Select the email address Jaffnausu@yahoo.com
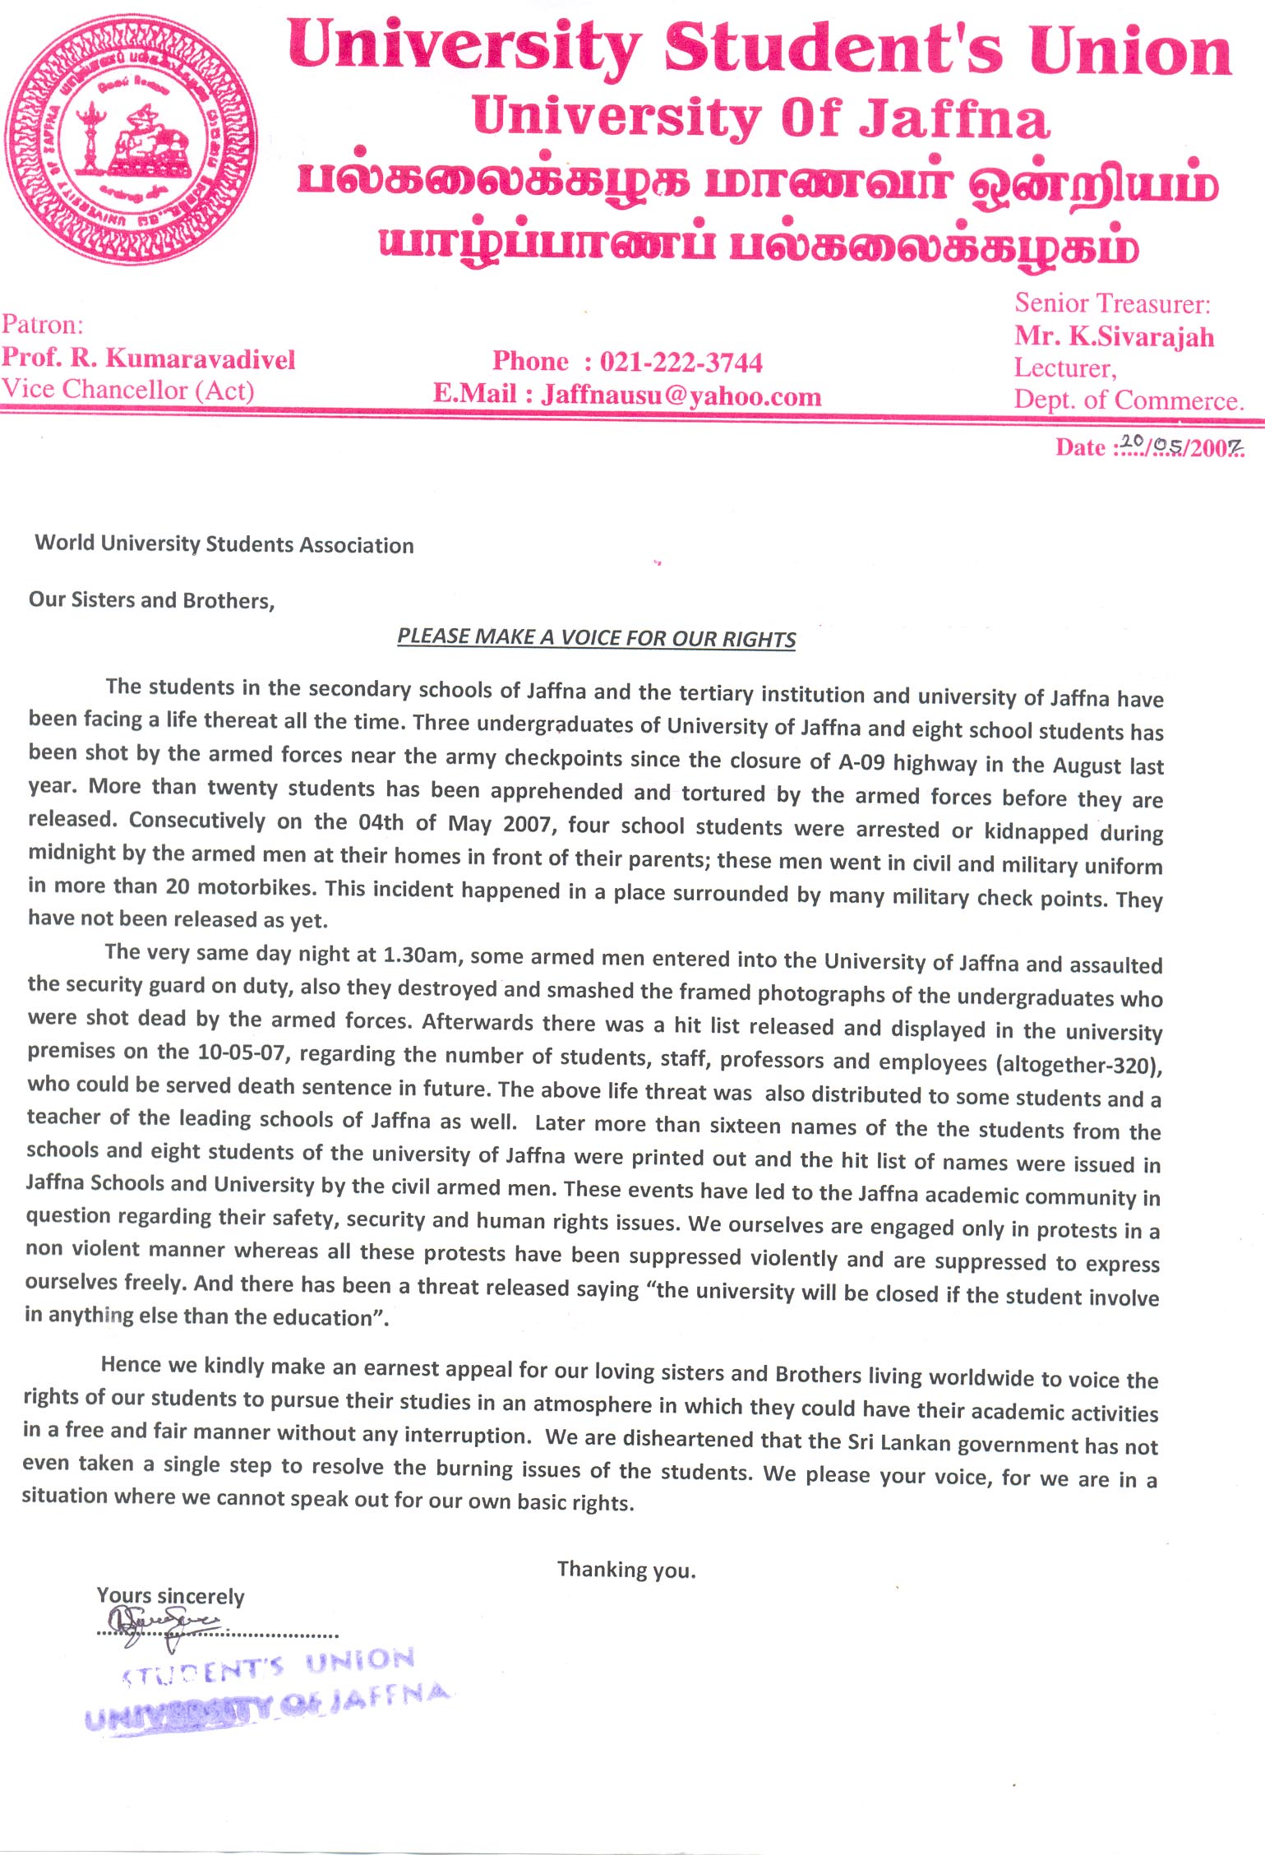(681, 396)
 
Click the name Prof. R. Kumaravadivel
(148, 359)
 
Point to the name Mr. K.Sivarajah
(1114, 336)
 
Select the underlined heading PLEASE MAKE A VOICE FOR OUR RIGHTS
(597, 638)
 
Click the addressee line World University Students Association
(224, 544)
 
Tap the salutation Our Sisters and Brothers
(151, 599)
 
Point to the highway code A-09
(861, 761)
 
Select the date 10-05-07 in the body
(244, 1052)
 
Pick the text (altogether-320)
(1079, 1065)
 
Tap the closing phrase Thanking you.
(626, 1570)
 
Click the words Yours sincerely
(170, 1596)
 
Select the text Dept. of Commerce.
(1128, 400)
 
